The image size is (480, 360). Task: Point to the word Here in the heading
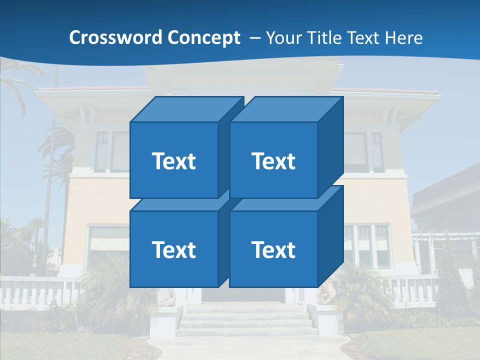point(403,38)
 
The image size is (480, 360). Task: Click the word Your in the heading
point(283,38)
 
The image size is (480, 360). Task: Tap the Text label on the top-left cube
point(173,161)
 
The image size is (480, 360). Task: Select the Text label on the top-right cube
point(273,161)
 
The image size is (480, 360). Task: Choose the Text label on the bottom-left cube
point(173,249)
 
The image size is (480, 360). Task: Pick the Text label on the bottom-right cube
point(273,249)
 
